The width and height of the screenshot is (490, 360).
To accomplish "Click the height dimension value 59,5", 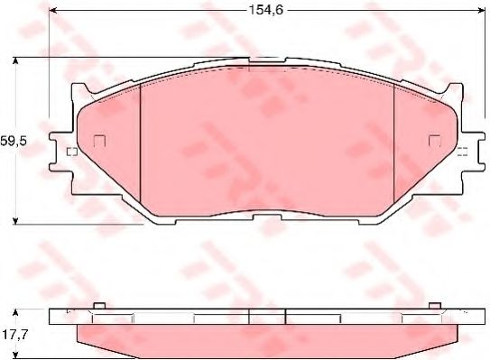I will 13,142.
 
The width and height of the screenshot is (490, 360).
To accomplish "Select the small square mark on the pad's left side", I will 100,141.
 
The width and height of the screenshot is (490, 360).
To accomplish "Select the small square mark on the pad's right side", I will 434,141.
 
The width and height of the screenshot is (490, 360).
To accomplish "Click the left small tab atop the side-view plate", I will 100,305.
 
